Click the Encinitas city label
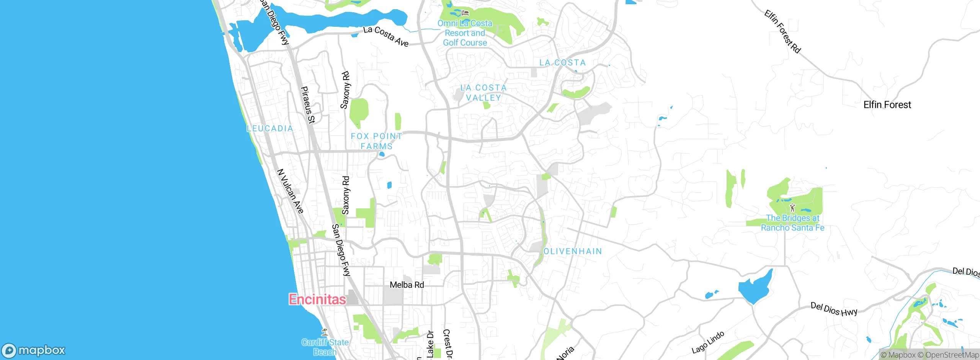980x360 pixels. [x=317, y=299]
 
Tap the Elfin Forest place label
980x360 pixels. [x=887, y=105]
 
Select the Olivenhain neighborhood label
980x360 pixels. [x=573, y=251]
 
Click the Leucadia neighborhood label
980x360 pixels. [x=270, y=129]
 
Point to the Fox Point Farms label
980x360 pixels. [x=376, y=141]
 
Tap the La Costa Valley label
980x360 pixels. [x=483, y=93]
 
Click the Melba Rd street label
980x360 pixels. [x=407, y=285]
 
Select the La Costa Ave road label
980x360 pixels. [x=386, y=36]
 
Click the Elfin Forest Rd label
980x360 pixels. [x=782, y=31]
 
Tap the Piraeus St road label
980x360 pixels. [x=308, y=105]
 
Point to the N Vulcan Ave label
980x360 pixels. [x=290, y=191]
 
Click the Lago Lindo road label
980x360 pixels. [x=708, y=342]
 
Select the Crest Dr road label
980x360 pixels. [x=447, y=344]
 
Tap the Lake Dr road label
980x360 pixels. [x=430, y=344]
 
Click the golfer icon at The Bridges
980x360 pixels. [x=792, y=208]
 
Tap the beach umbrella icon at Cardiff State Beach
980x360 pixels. [x=325, y=332]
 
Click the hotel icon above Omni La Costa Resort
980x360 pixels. [x=465, y=13]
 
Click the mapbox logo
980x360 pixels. [x=34, y=350]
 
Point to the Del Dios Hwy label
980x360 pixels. [x=834, y=309]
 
